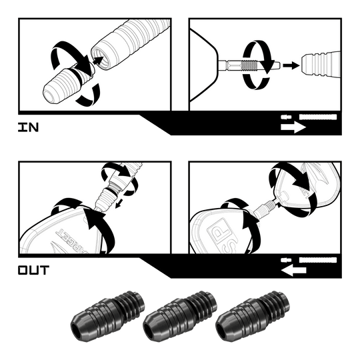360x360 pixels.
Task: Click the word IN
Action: coord(29,126)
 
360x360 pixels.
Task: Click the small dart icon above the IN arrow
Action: coord(311,118)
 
